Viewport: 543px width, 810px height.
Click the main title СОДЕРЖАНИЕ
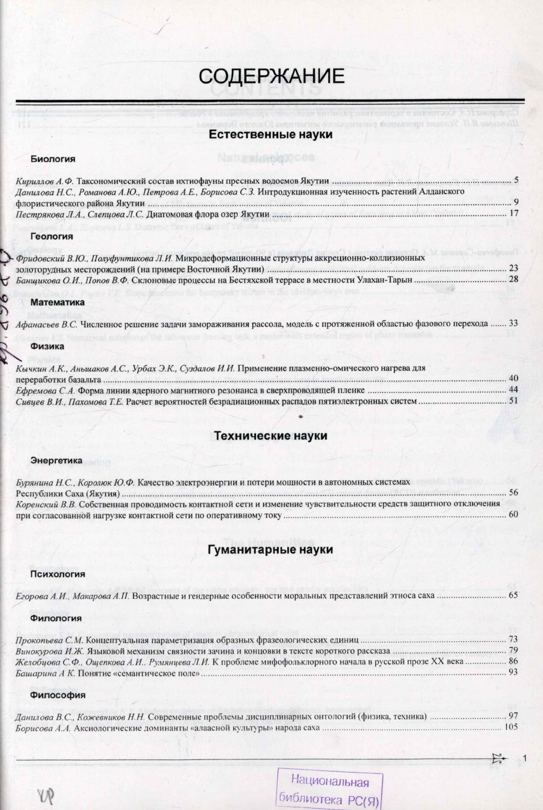click(271, 77)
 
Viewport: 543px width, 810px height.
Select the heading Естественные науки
click(271, 135)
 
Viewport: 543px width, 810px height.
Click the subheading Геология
click(52, 237)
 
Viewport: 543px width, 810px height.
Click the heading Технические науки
click(270, 436)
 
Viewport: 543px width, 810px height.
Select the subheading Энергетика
click(56, 461)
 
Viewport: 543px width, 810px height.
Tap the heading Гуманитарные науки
click(270, 550)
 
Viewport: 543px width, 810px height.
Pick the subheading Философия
click(58, 695)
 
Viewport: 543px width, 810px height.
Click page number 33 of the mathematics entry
click(513, 324)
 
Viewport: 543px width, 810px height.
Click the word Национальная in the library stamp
click(330, 782)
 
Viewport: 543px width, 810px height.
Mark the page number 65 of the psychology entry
click(513, 596)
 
